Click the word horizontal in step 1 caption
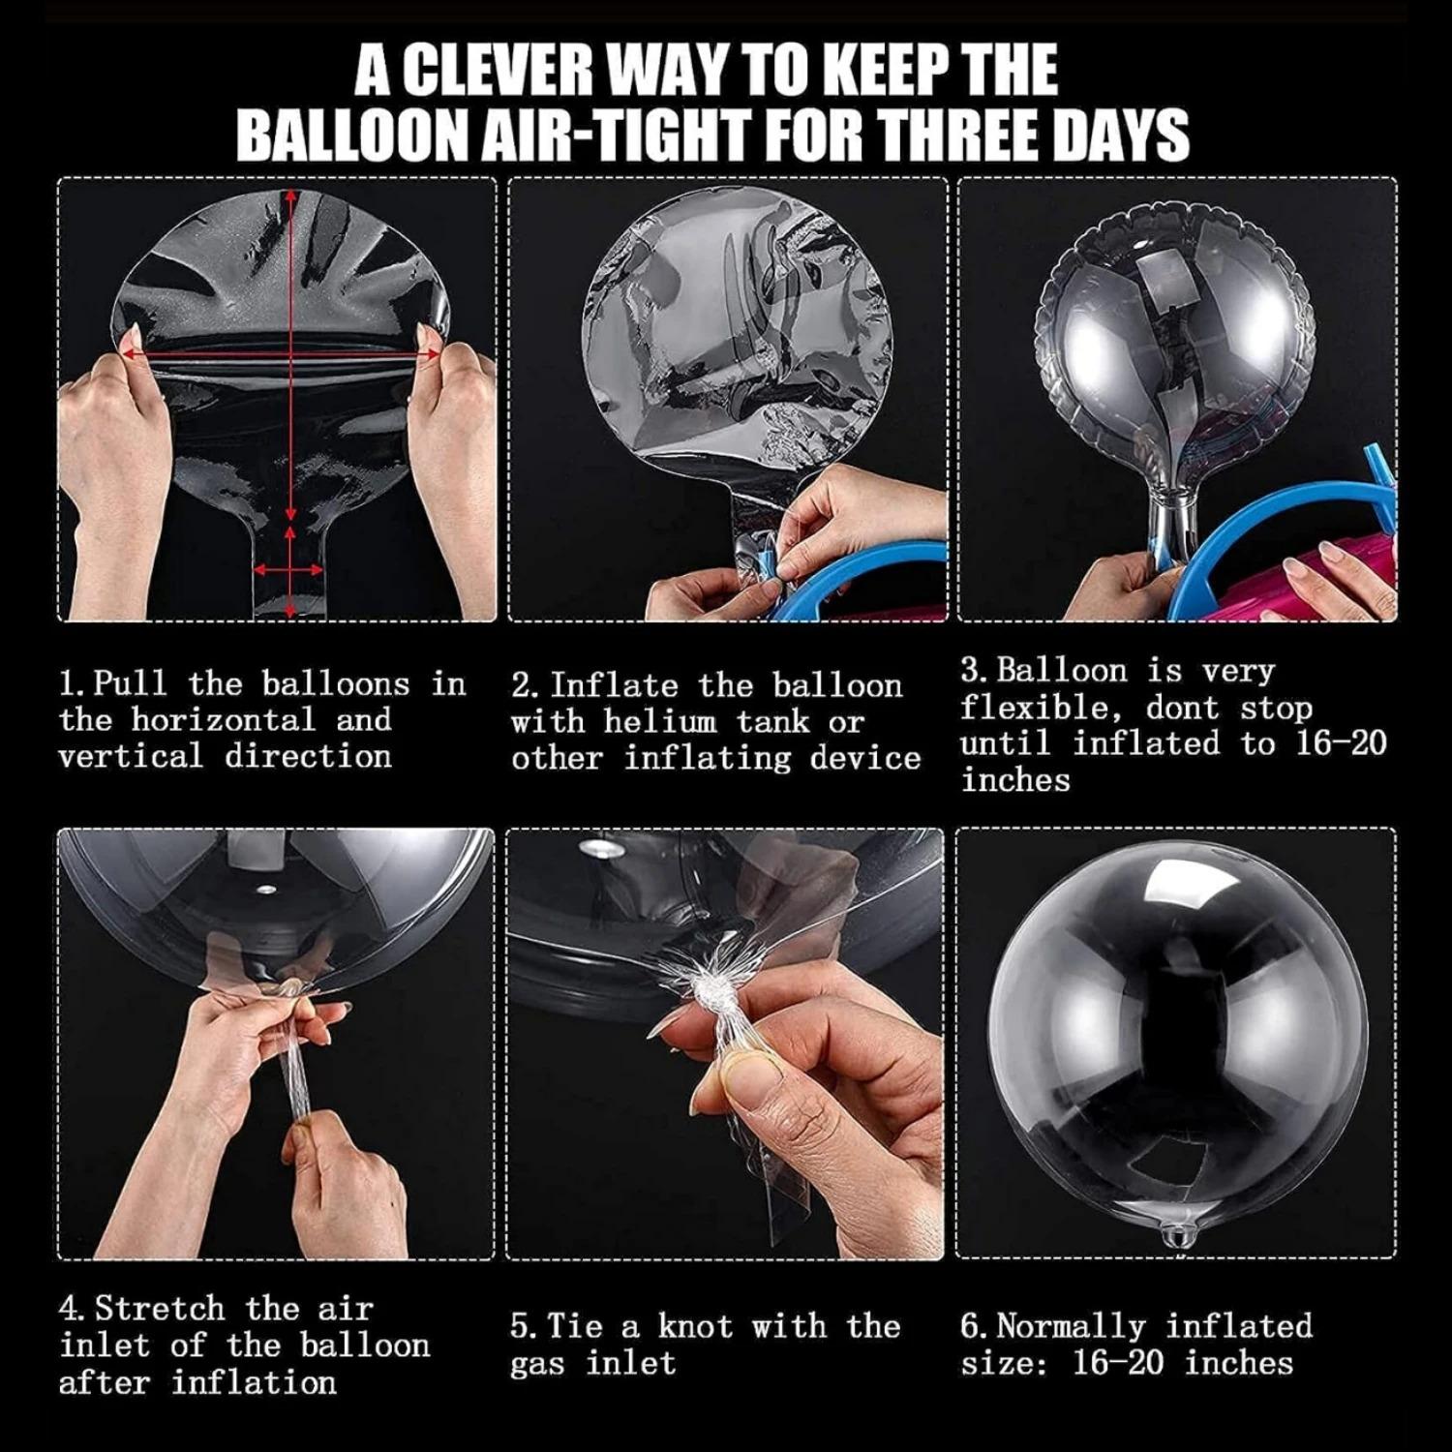[x=224, y=720]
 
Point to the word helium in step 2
[x=660, y=722]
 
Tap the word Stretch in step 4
[x=160, y=1309]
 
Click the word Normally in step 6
[x=1072, y=1326]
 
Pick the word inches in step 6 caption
[x=1239, y=1363]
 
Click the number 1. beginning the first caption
[x=74, y=684]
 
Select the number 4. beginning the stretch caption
[x=74, y=1309]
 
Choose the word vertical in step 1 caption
[x=132, y=756]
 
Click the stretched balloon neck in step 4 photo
[x=298, y=1065]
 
